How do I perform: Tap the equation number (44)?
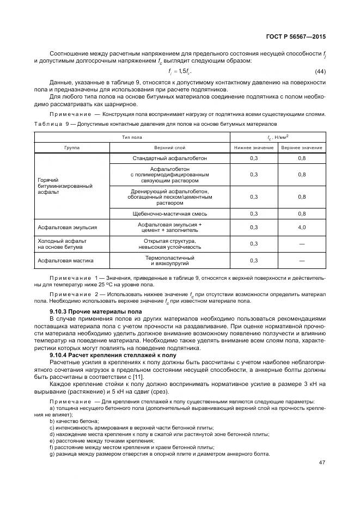pos(320,72)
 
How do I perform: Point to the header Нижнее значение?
pos(254,148)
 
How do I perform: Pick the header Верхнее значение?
pos(302,148)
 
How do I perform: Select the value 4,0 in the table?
pos(302,227)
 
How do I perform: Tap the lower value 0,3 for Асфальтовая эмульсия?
pos(254,227)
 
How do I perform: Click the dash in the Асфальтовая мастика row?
pos(302,261)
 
